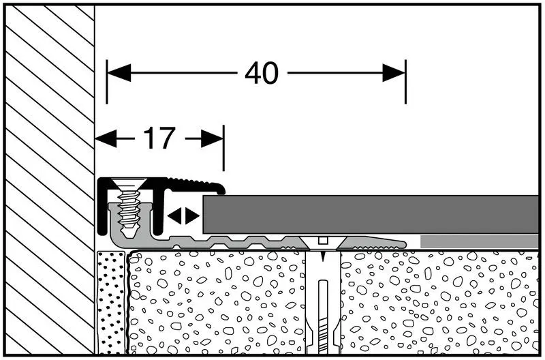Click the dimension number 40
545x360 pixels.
click(x=262, y=73)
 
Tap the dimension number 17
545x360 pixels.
click(x=159, y=138)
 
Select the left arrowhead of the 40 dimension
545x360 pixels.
click(x=119, y=73)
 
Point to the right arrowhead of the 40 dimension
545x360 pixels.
click(x=394, y=73)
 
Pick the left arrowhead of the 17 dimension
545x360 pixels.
click(x=106, y=139)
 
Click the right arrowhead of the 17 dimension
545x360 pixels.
click(x=212, y=139)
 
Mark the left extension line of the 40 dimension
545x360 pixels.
click(x=107, y=82)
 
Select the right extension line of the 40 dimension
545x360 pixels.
click(x=405, y=82)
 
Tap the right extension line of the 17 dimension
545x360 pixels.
click(x=224, y=148)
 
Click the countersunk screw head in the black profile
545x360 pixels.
click(x=129, y=183)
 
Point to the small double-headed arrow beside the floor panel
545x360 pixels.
click(x=183, y=216)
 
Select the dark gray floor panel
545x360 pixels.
click(x=371, y=214)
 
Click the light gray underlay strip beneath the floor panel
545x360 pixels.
click(x=480, y=241)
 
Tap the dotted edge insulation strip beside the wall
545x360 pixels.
click(x=111, y=302)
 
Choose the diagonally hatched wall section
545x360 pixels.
click(x=50, y=179)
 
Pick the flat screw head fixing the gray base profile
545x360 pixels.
click(x=323, y=243)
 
